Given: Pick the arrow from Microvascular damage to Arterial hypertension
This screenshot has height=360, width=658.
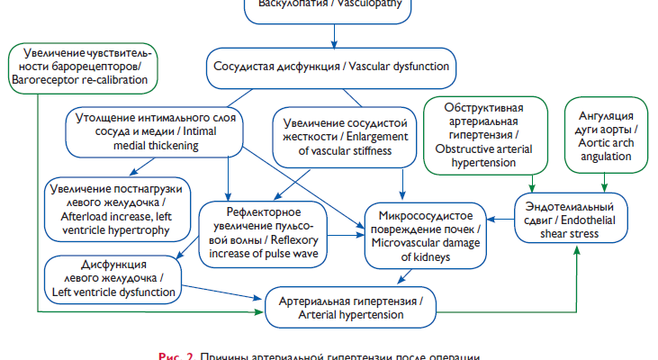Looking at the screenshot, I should [410, 277].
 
